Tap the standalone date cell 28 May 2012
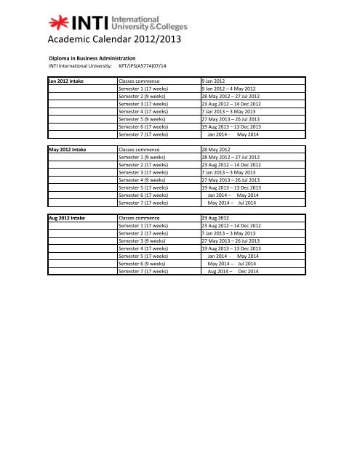[x=218, y=148]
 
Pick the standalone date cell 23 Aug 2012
[x=218, y=217]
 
